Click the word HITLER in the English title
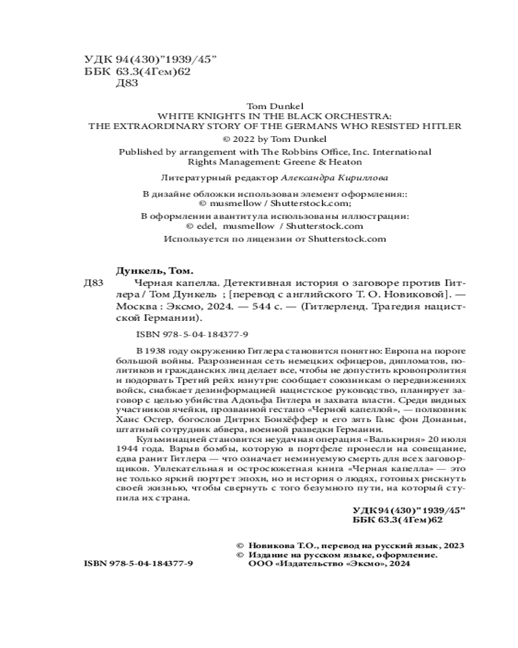pyautogui.click(x=445, y=126)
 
